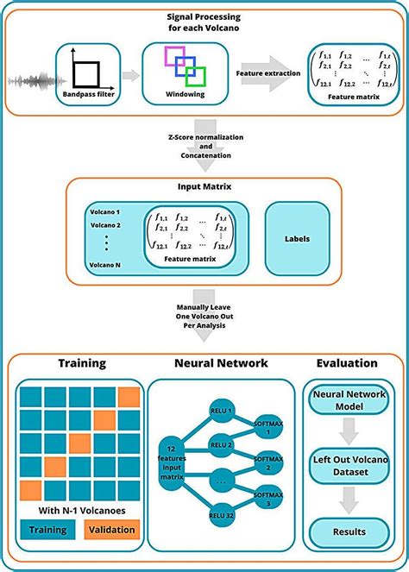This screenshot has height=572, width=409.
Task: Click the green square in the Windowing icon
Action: click(196, 77)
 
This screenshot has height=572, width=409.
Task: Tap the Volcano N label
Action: click(107, 265)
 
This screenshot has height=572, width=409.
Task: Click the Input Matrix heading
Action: click(204, 184)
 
